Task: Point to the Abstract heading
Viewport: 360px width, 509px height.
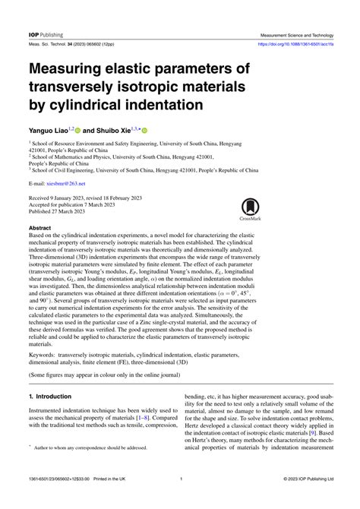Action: click(40, 227)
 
